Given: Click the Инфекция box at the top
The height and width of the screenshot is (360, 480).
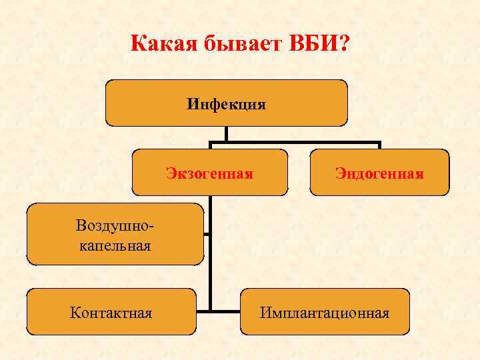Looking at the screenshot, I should pos(226,103).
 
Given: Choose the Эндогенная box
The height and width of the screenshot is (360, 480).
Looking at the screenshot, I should pos(379,173).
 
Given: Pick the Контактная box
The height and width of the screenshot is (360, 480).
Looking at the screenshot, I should pos(111,312).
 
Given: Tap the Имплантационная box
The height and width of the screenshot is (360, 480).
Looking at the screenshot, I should pos(325,312).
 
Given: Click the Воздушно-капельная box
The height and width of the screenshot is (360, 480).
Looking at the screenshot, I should pos(115,235).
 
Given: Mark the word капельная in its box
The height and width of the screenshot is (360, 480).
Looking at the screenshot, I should pos(115,245).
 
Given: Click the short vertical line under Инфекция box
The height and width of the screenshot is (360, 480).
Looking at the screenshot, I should pos(226,133).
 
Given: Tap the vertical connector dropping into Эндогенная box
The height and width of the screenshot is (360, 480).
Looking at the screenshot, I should pos(379,145).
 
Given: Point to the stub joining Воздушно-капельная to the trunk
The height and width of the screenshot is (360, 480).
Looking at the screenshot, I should pos(207,234).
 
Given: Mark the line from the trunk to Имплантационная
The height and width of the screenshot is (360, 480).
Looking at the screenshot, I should pos(225,311).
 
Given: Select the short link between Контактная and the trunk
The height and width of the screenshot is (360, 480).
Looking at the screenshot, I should pos(203,311).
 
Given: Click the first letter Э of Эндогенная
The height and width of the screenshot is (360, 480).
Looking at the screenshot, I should pos(339,174).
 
